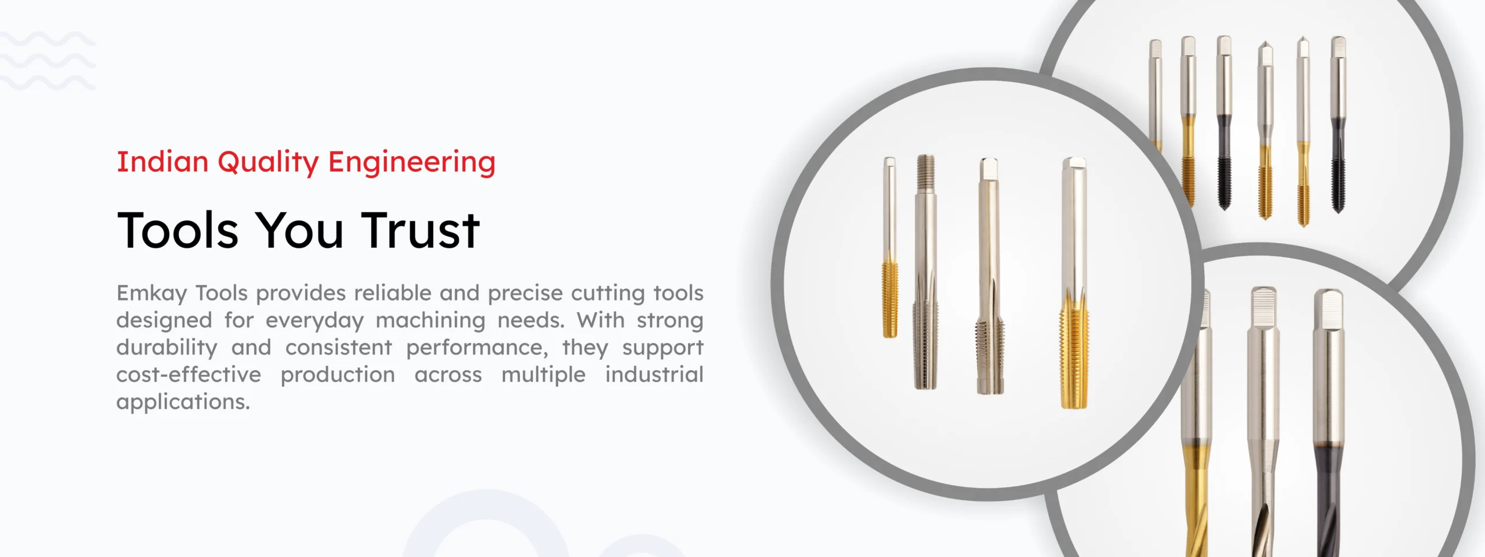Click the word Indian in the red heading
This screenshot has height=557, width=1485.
162,161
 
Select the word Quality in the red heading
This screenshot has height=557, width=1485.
268,163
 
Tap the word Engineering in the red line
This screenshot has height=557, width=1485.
412,163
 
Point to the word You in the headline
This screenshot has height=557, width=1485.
300,230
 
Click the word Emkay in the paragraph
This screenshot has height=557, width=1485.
151,294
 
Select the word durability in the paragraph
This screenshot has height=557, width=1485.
167,348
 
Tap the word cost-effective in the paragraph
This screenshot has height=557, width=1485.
189,375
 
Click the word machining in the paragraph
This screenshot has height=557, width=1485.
430,321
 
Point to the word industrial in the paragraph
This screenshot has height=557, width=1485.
654,375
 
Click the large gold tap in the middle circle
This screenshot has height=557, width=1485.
1074,283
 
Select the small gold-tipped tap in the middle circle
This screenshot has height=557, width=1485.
890,247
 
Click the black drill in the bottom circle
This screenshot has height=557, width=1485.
1330,424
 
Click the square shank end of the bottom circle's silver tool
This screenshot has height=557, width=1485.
1263,305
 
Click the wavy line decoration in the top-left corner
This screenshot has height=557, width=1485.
48,61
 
